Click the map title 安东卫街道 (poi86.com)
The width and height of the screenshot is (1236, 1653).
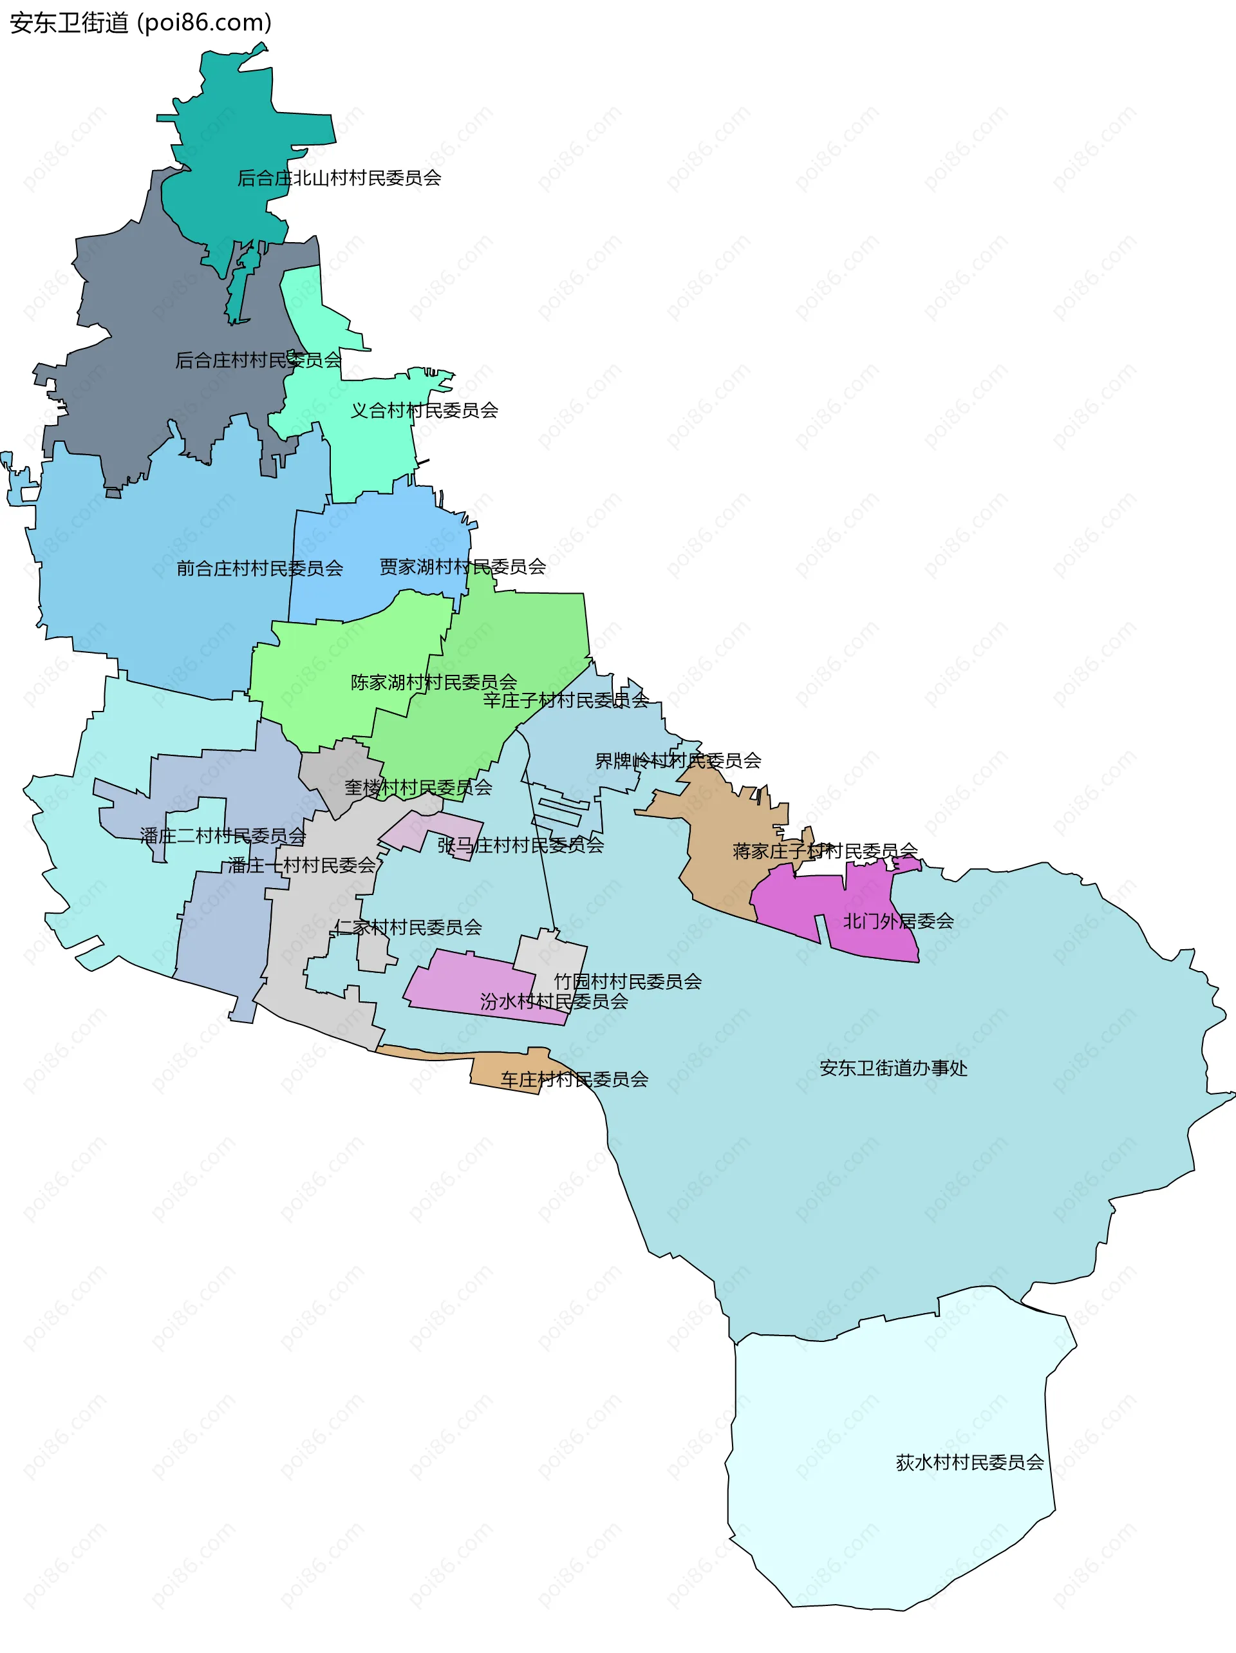tap(140, 23)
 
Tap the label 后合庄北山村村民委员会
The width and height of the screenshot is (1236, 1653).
tap(339, 178)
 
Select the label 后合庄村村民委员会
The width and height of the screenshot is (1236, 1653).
tap(257, 360)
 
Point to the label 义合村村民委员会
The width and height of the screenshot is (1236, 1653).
tap(424, 410)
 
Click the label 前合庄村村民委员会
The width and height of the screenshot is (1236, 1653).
tap(259, 569)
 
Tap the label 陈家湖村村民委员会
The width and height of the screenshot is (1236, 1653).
tap(433, 683)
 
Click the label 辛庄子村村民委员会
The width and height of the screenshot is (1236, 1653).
tap(565, 700)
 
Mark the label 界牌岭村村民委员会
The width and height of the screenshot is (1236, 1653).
tap(677, 760)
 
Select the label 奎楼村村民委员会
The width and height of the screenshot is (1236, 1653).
tap(418, 787)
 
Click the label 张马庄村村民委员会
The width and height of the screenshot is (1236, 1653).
tap(520, 845)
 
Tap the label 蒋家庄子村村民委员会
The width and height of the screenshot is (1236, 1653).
tap(824, 851)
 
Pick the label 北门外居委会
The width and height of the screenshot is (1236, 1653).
tap(897, 921)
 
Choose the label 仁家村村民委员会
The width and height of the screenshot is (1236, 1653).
tap(407, 927)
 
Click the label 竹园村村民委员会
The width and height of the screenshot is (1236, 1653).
tap(627, 981)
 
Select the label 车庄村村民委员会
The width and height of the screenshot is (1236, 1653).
tap(574, 1079)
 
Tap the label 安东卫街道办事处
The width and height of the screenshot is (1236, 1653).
tap(893, 1068)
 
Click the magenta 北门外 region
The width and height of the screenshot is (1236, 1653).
tap(792, 904)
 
